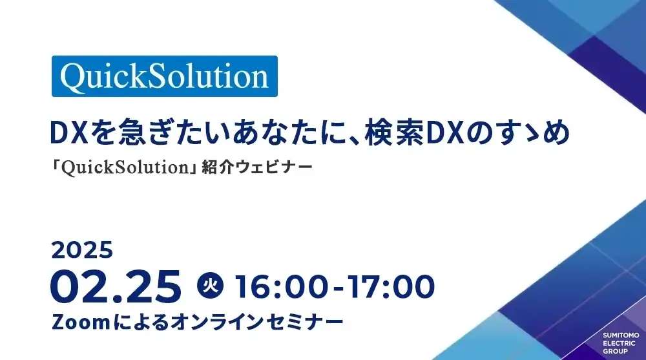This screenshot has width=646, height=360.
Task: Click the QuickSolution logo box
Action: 164,76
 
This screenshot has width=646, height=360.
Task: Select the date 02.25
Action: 116,286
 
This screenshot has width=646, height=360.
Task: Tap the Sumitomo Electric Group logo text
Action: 620,343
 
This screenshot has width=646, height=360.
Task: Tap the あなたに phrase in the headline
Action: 256,133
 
